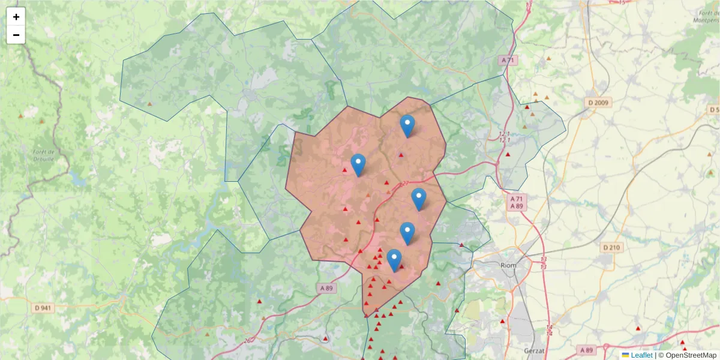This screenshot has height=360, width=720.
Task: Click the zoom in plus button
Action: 16,17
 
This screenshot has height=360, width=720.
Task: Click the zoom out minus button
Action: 16,35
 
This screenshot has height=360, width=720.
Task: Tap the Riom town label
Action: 509,265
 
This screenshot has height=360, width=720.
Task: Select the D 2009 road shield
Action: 598,103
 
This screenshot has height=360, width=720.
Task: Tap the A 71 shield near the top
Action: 508,60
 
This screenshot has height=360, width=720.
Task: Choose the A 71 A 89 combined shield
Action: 515,202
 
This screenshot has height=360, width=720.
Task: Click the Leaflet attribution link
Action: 641,355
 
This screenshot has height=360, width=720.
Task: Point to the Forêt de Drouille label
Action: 44,156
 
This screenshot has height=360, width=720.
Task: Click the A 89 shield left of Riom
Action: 326,288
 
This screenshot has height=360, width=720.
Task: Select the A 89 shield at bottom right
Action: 586,349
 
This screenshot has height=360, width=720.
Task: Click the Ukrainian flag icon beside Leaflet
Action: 625,355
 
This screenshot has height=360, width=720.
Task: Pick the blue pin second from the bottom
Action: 407,233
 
